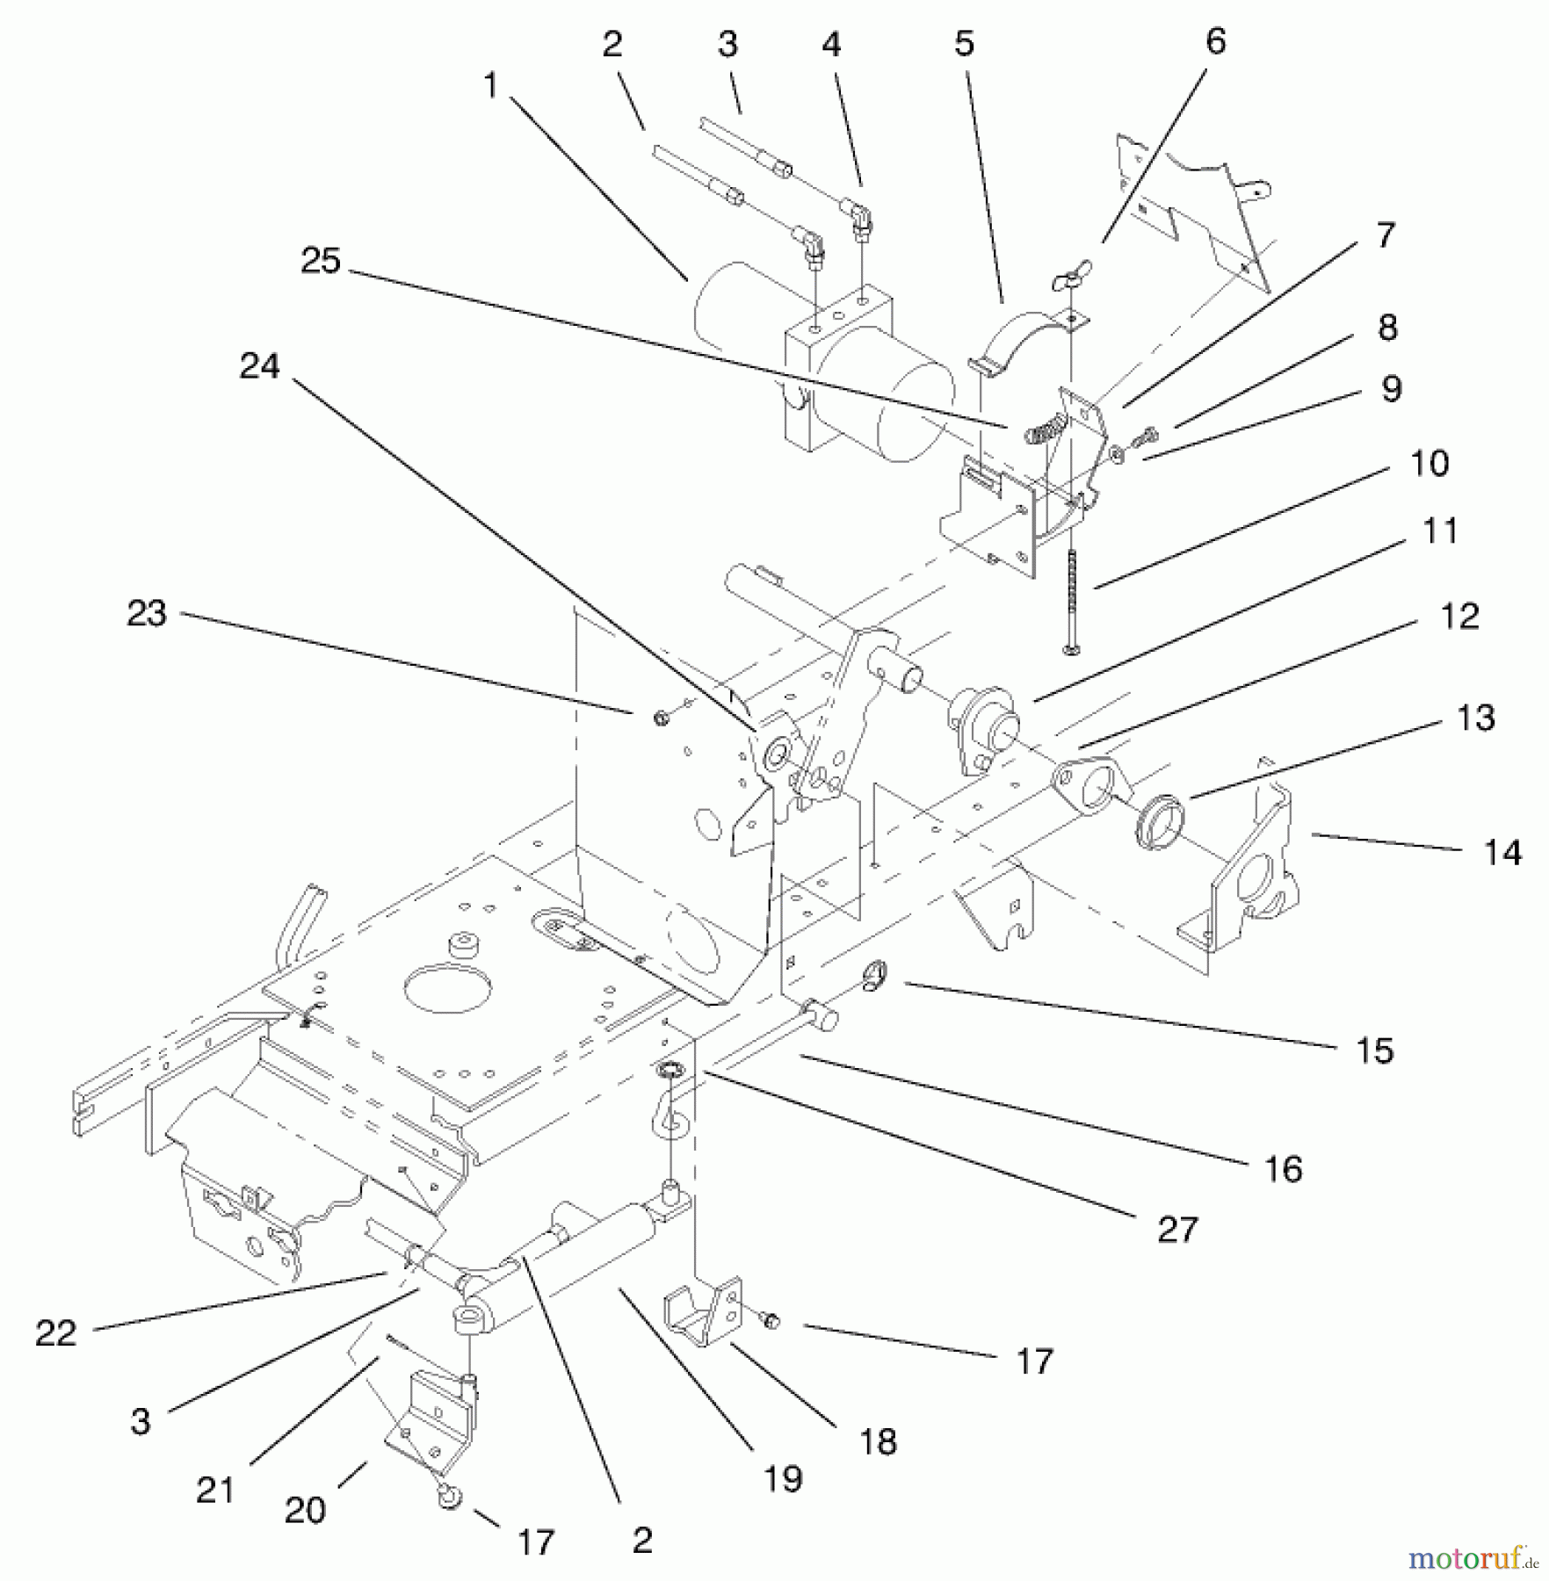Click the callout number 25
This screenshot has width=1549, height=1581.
coord(320,261)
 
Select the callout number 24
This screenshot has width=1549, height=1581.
coord(259,366)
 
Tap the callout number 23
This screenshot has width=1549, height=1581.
coord(147,613)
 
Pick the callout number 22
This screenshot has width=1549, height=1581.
coord(56,1334)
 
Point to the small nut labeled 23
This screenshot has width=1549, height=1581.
coord(661,718)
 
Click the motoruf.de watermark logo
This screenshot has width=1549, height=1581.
coord(1472,1557)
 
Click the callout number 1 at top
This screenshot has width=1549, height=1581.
coord(489,86)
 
